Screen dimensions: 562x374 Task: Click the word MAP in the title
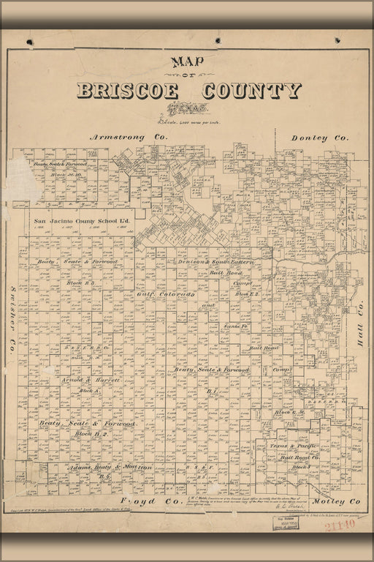tap(187, 63)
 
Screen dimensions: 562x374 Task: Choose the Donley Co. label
tap(320, 138)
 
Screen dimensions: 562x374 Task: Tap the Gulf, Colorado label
tap(164, 294)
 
